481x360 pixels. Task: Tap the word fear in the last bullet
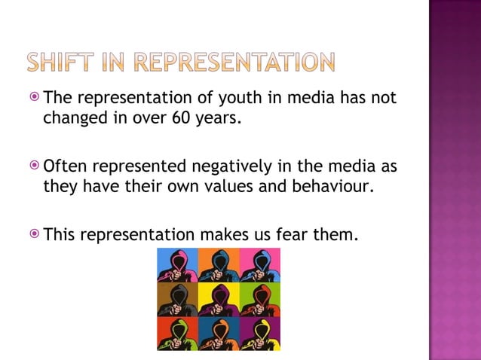coord(288,235)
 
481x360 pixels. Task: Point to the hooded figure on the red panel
coord(177,334)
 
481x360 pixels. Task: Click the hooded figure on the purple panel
coord(260,334)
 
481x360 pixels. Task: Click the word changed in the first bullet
coord(72,118)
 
